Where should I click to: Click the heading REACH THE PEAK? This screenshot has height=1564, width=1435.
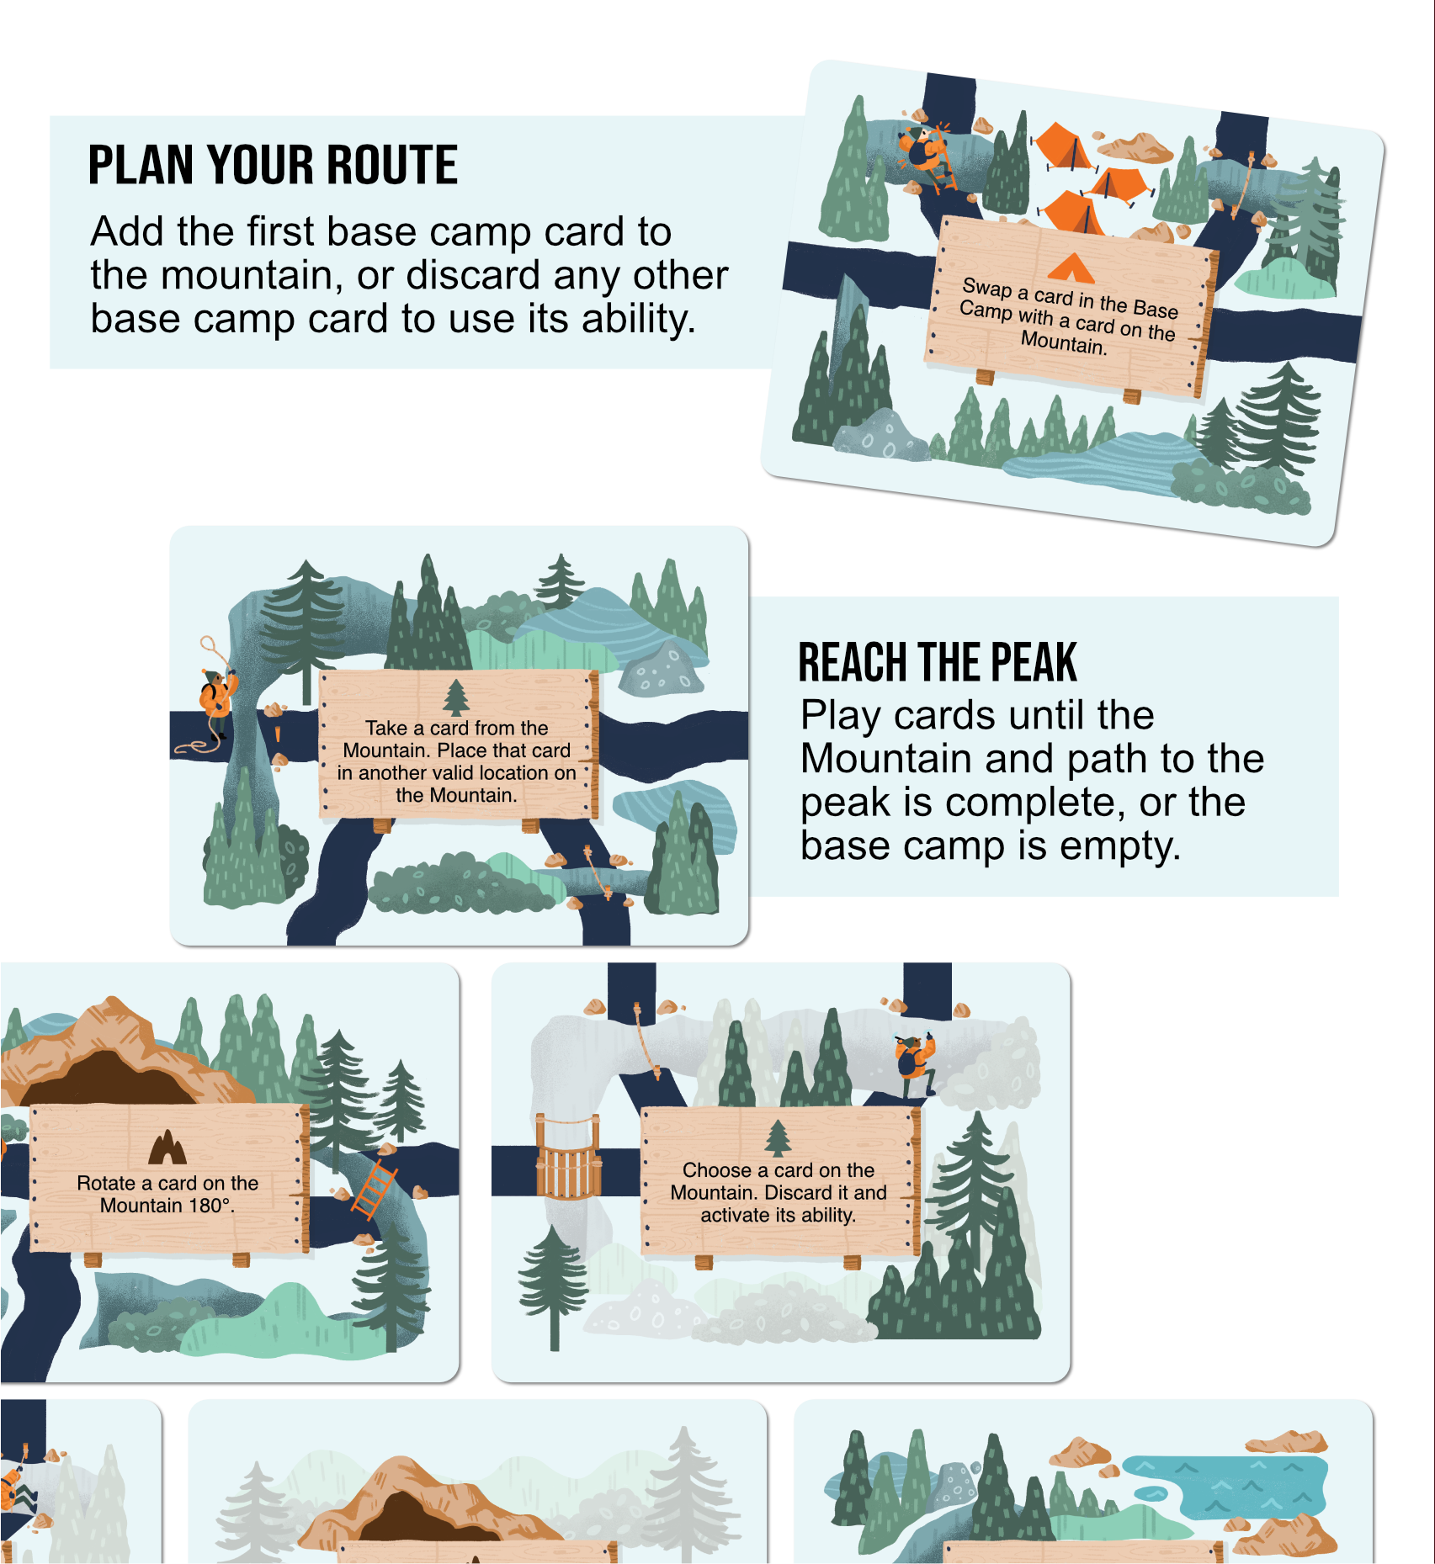tap(937, 662)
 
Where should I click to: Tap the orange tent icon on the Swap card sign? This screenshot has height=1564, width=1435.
tap(1071, 268)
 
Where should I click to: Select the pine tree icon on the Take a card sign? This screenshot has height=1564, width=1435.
tap(456, 697)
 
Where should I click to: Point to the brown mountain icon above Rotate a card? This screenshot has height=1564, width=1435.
tap(167, 1147)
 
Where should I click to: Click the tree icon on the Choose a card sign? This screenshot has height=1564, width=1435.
tap(779, 1138)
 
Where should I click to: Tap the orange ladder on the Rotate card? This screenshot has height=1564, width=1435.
tap(374, 1189)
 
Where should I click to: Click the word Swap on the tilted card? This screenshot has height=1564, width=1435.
tap(987, 289)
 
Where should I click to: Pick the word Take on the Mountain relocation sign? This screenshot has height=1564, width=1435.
tap(386, 728)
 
